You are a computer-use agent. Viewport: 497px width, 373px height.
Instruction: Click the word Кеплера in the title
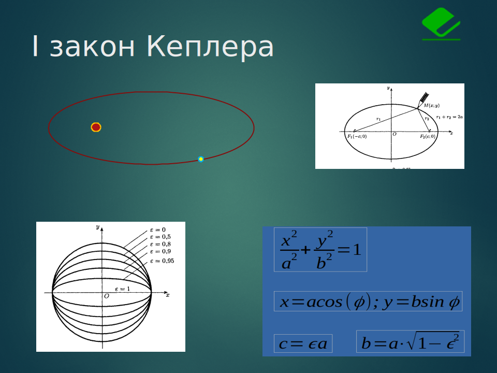click(210, 47)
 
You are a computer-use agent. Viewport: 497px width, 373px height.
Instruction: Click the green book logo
click(441, 24)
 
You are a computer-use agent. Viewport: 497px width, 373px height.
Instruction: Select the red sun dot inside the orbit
click(96, 127)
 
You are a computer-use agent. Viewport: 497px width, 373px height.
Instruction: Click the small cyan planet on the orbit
click(201, 159)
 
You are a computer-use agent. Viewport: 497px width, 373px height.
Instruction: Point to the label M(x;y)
click(431, 105)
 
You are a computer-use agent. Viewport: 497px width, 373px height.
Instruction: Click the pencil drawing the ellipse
click(423, 99)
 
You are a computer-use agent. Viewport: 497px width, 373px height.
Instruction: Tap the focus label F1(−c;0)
click(357, 136)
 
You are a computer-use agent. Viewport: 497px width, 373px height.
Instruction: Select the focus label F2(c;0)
click(427, 136)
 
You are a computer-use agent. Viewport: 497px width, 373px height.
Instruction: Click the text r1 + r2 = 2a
click(449, 117)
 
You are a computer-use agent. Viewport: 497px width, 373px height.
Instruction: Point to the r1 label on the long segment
click(378, 119)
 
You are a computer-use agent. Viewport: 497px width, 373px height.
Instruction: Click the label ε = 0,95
click(162, 261)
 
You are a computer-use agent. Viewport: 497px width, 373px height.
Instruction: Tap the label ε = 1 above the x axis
click(122, 289)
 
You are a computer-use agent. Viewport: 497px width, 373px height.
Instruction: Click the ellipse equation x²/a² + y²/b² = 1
click(320, 249)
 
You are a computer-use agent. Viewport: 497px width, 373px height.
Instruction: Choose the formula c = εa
click(303, 344)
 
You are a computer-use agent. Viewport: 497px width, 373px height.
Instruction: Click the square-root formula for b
click(410, 342)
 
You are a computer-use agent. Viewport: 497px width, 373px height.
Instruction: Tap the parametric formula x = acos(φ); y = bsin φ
click(368, 302)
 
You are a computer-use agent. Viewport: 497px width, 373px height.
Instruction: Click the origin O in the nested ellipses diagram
click(107, 296)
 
